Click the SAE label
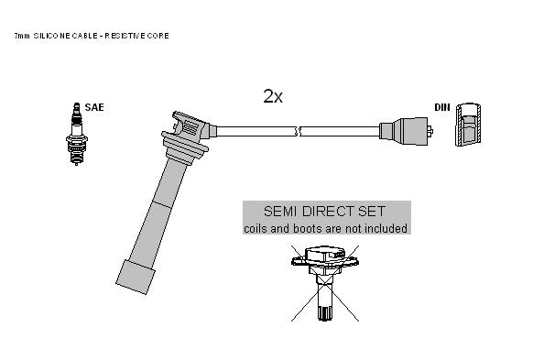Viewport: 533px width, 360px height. coord(94,107)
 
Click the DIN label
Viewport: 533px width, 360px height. coord(442,107)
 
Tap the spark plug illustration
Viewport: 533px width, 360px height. coord(77,134)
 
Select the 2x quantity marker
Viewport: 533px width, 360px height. coord(273,96)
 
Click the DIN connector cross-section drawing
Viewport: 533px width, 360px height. coord(468,125)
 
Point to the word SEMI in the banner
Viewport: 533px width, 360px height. coord(281,211)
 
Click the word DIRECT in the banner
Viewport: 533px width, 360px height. coord(328,211)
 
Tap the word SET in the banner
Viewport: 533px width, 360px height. coord(372,211)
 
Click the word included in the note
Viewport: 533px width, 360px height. coord(386,228)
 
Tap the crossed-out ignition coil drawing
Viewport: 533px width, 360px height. coord(325,283)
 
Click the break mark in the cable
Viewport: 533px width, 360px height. coord(298,131)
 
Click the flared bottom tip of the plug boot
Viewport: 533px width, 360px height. coord(136,277)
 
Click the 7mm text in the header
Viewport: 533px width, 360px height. coord(22,36)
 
